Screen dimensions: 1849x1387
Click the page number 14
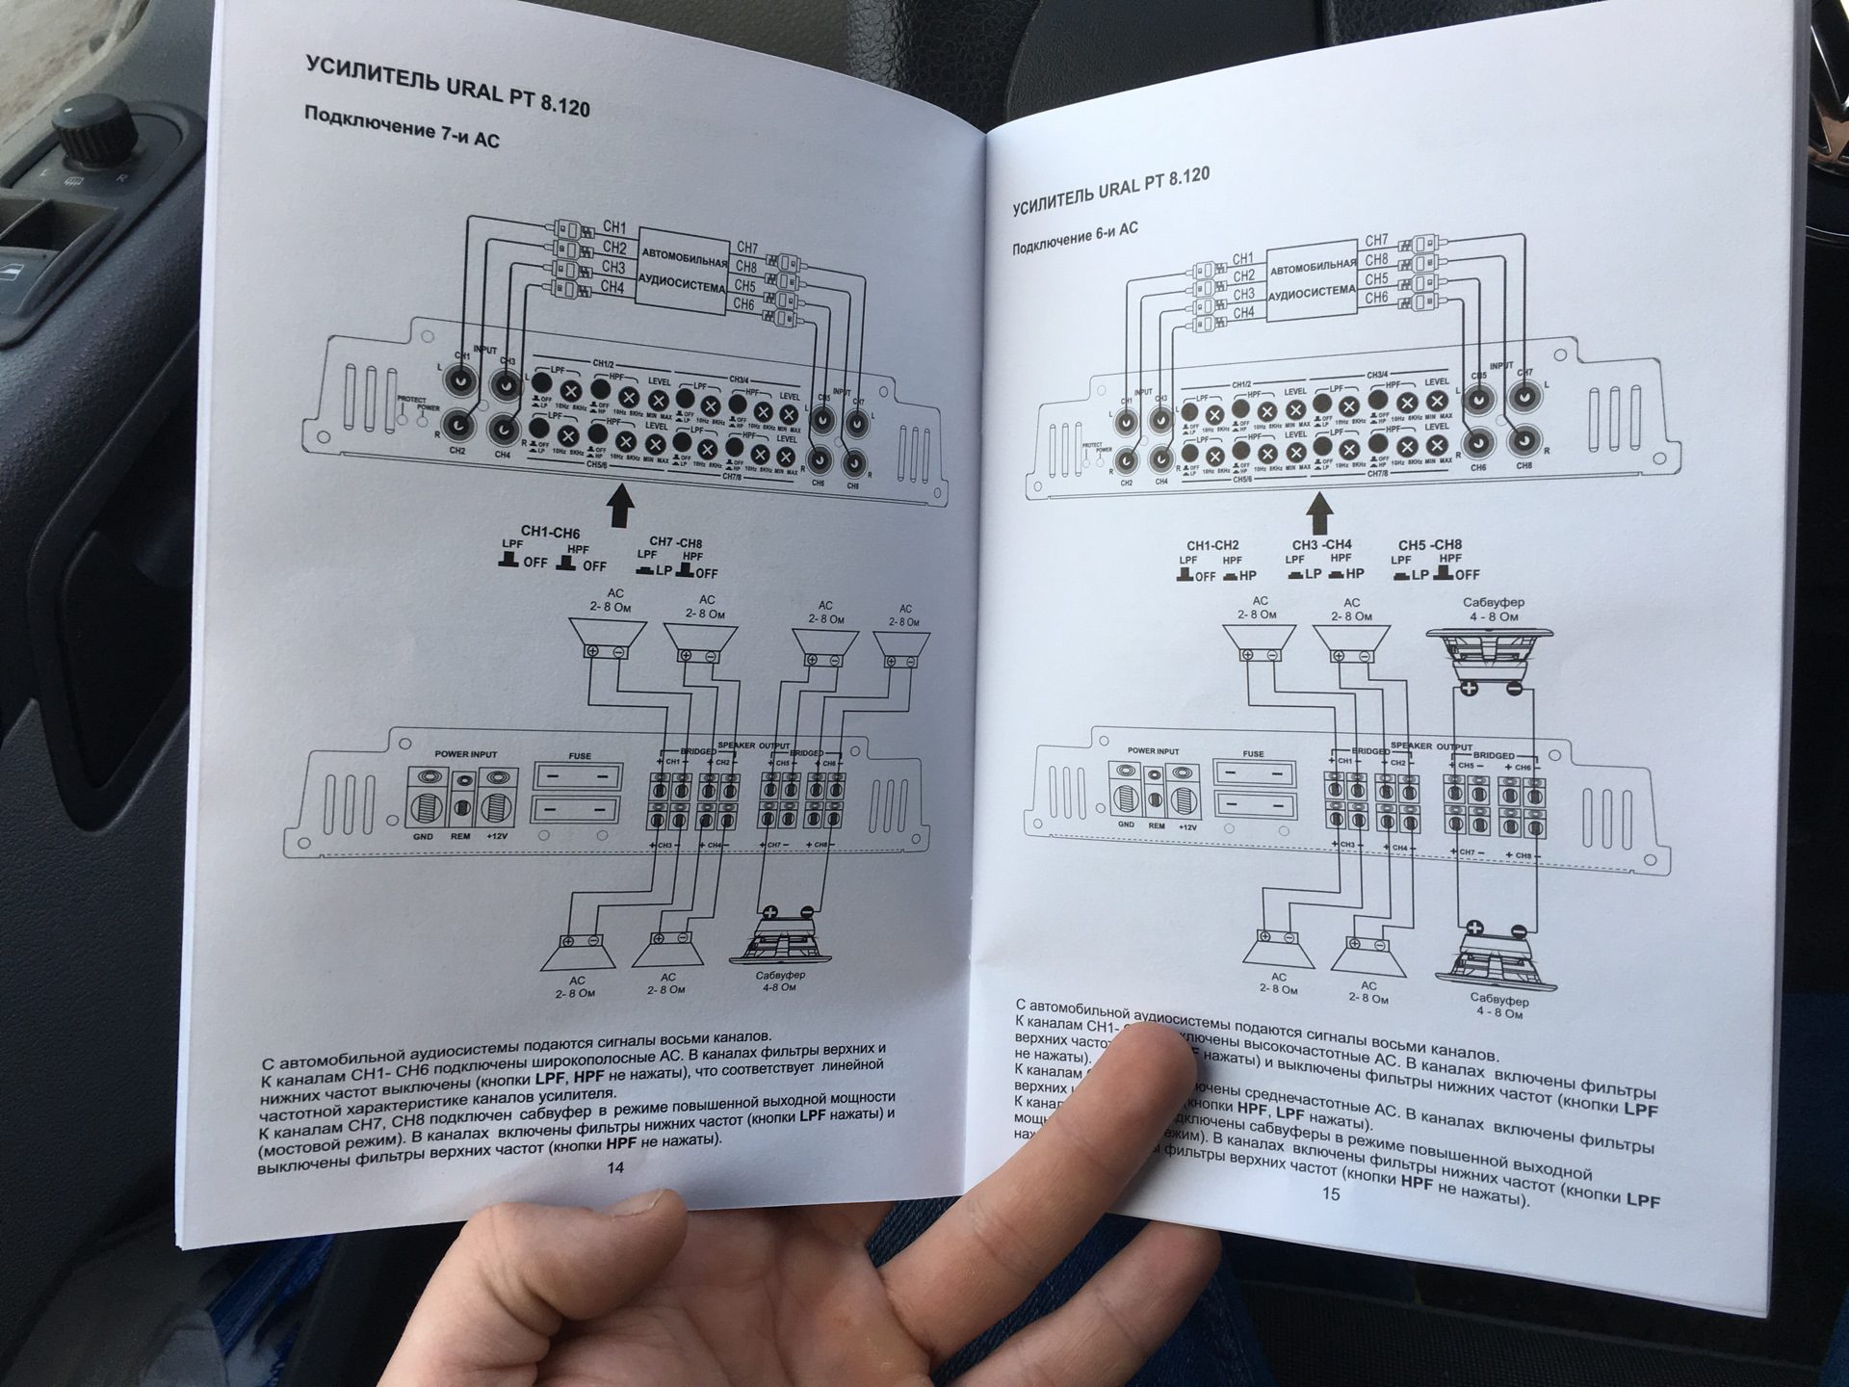pyautogui.click(x=614, y=1167)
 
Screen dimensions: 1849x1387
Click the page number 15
pyautogui.click(x=1330, y=1194)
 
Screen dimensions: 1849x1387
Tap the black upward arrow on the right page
pyautogui.click(x=1320, y=512)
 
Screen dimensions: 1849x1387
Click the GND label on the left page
pyautogui.click(x=423, y=836)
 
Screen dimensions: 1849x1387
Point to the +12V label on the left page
pyautogui.click(x=498, y=836)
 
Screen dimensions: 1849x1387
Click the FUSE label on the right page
pyautogui.click(x=1253, y=755)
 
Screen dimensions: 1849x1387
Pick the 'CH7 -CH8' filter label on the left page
pyautogui.click(x=675, y=543)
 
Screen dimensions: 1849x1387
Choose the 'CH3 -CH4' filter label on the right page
pyautogui.click(x=1321, y=545)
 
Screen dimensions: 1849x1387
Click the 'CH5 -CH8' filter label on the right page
pyautogui.click(x=1429, y=545)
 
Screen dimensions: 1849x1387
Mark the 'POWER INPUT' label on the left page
pyautogui.click(x=466, y=754)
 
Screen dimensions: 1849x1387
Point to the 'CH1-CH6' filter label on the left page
pyautogui.click(x=550, y=532)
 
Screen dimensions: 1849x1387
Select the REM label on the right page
pyautogui.click(x=1157, y=826)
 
